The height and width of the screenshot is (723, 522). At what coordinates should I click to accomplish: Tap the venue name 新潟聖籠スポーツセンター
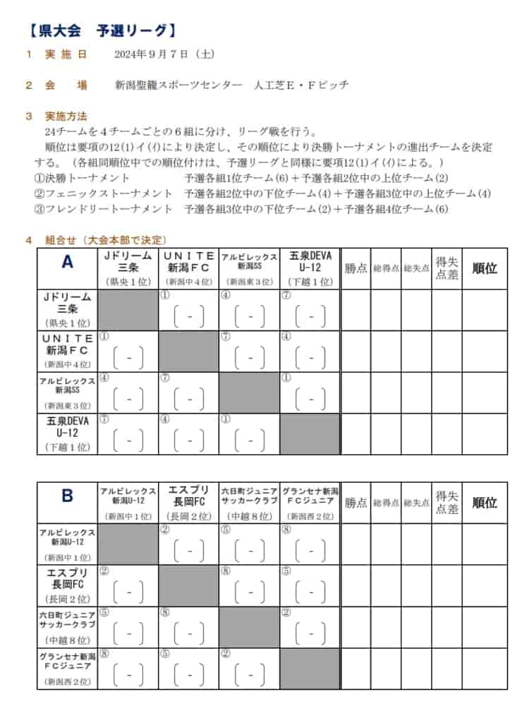[x=179, y=85]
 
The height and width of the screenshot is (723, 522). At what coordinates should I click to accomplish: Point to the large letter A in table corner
[x=67, y=263]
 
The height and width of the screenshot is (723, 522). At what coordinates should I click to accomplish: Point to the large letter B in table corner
[x=67, y=496]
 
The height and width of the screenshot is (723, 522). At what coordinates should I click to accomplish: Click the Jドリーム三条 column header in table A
[x=128, y=262]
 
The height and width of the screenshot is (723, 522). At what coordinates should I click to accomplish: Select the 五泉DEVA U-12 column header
[x=310, y=262]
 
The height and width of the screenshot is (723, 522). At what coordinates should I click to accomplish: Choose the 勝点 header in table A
[x=356, y=268]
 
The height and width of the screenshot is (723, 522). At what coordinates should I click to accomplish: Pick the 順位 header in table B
[x=485, y=503]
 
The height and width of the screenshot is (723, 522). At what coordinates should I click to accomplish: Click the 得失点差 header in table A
[x=447, y=268]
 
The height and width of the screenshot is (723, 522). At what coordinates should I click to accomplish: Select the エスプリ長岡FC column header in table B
[x=188, y=496]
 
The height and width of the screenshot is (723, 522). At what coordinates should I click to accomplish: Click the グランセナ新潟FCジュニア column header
[x=310, y=496]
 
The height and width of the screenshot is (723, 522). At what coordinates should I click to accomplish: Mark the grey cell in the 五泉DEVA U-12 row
[x=310, y=434]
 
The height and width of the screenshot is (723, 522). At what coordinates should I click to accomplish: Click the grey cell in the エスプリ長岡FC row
[x=188, y=585]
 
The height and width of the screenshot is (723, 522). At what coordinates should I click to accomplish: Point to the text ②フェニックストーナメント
[x=104, y=193]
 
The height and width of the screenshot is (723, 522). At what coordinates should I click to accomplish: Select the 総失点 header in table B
[x=416, y=503]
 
